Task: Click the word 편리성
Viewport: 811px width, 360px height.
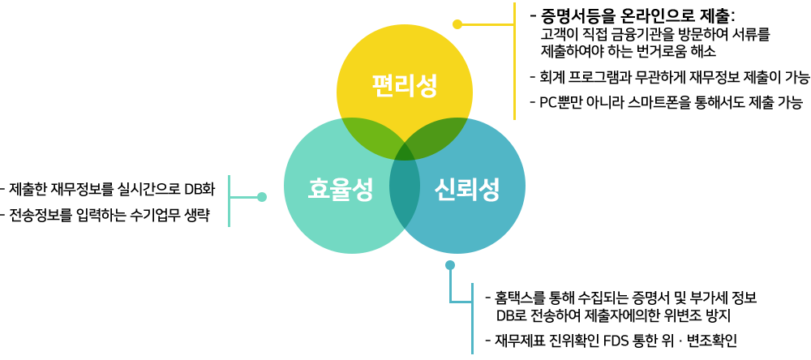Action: click(404, 85)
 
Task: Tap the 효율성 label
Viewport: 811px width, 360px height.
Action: click(340, 189)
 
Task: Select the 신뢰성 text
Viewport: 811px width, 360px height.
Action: click(466, 189)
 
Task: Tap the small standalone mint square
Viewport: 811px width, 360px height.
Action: click(247, 201)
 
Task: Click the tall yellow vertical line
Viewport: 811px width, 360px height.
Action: click(514, 61)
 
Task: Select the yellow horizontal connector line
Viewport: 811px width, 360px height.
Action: click(490, 25)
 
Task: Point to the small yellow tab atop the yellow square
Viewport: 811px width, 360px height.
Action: click(457, 21)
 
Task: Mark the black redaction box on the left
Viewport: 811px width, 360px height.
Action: click(101, 201)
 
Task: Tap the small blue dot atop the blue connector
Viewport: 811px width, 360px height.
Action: click(449, 265)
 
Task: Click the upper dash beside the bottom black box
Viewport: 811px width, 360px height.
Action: click(487, 298)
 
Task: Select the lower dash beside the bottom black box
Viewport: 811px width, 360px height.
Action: click(487, 341)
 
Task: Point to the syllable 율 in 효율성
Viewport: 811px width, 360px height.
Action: click(340, 189)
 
